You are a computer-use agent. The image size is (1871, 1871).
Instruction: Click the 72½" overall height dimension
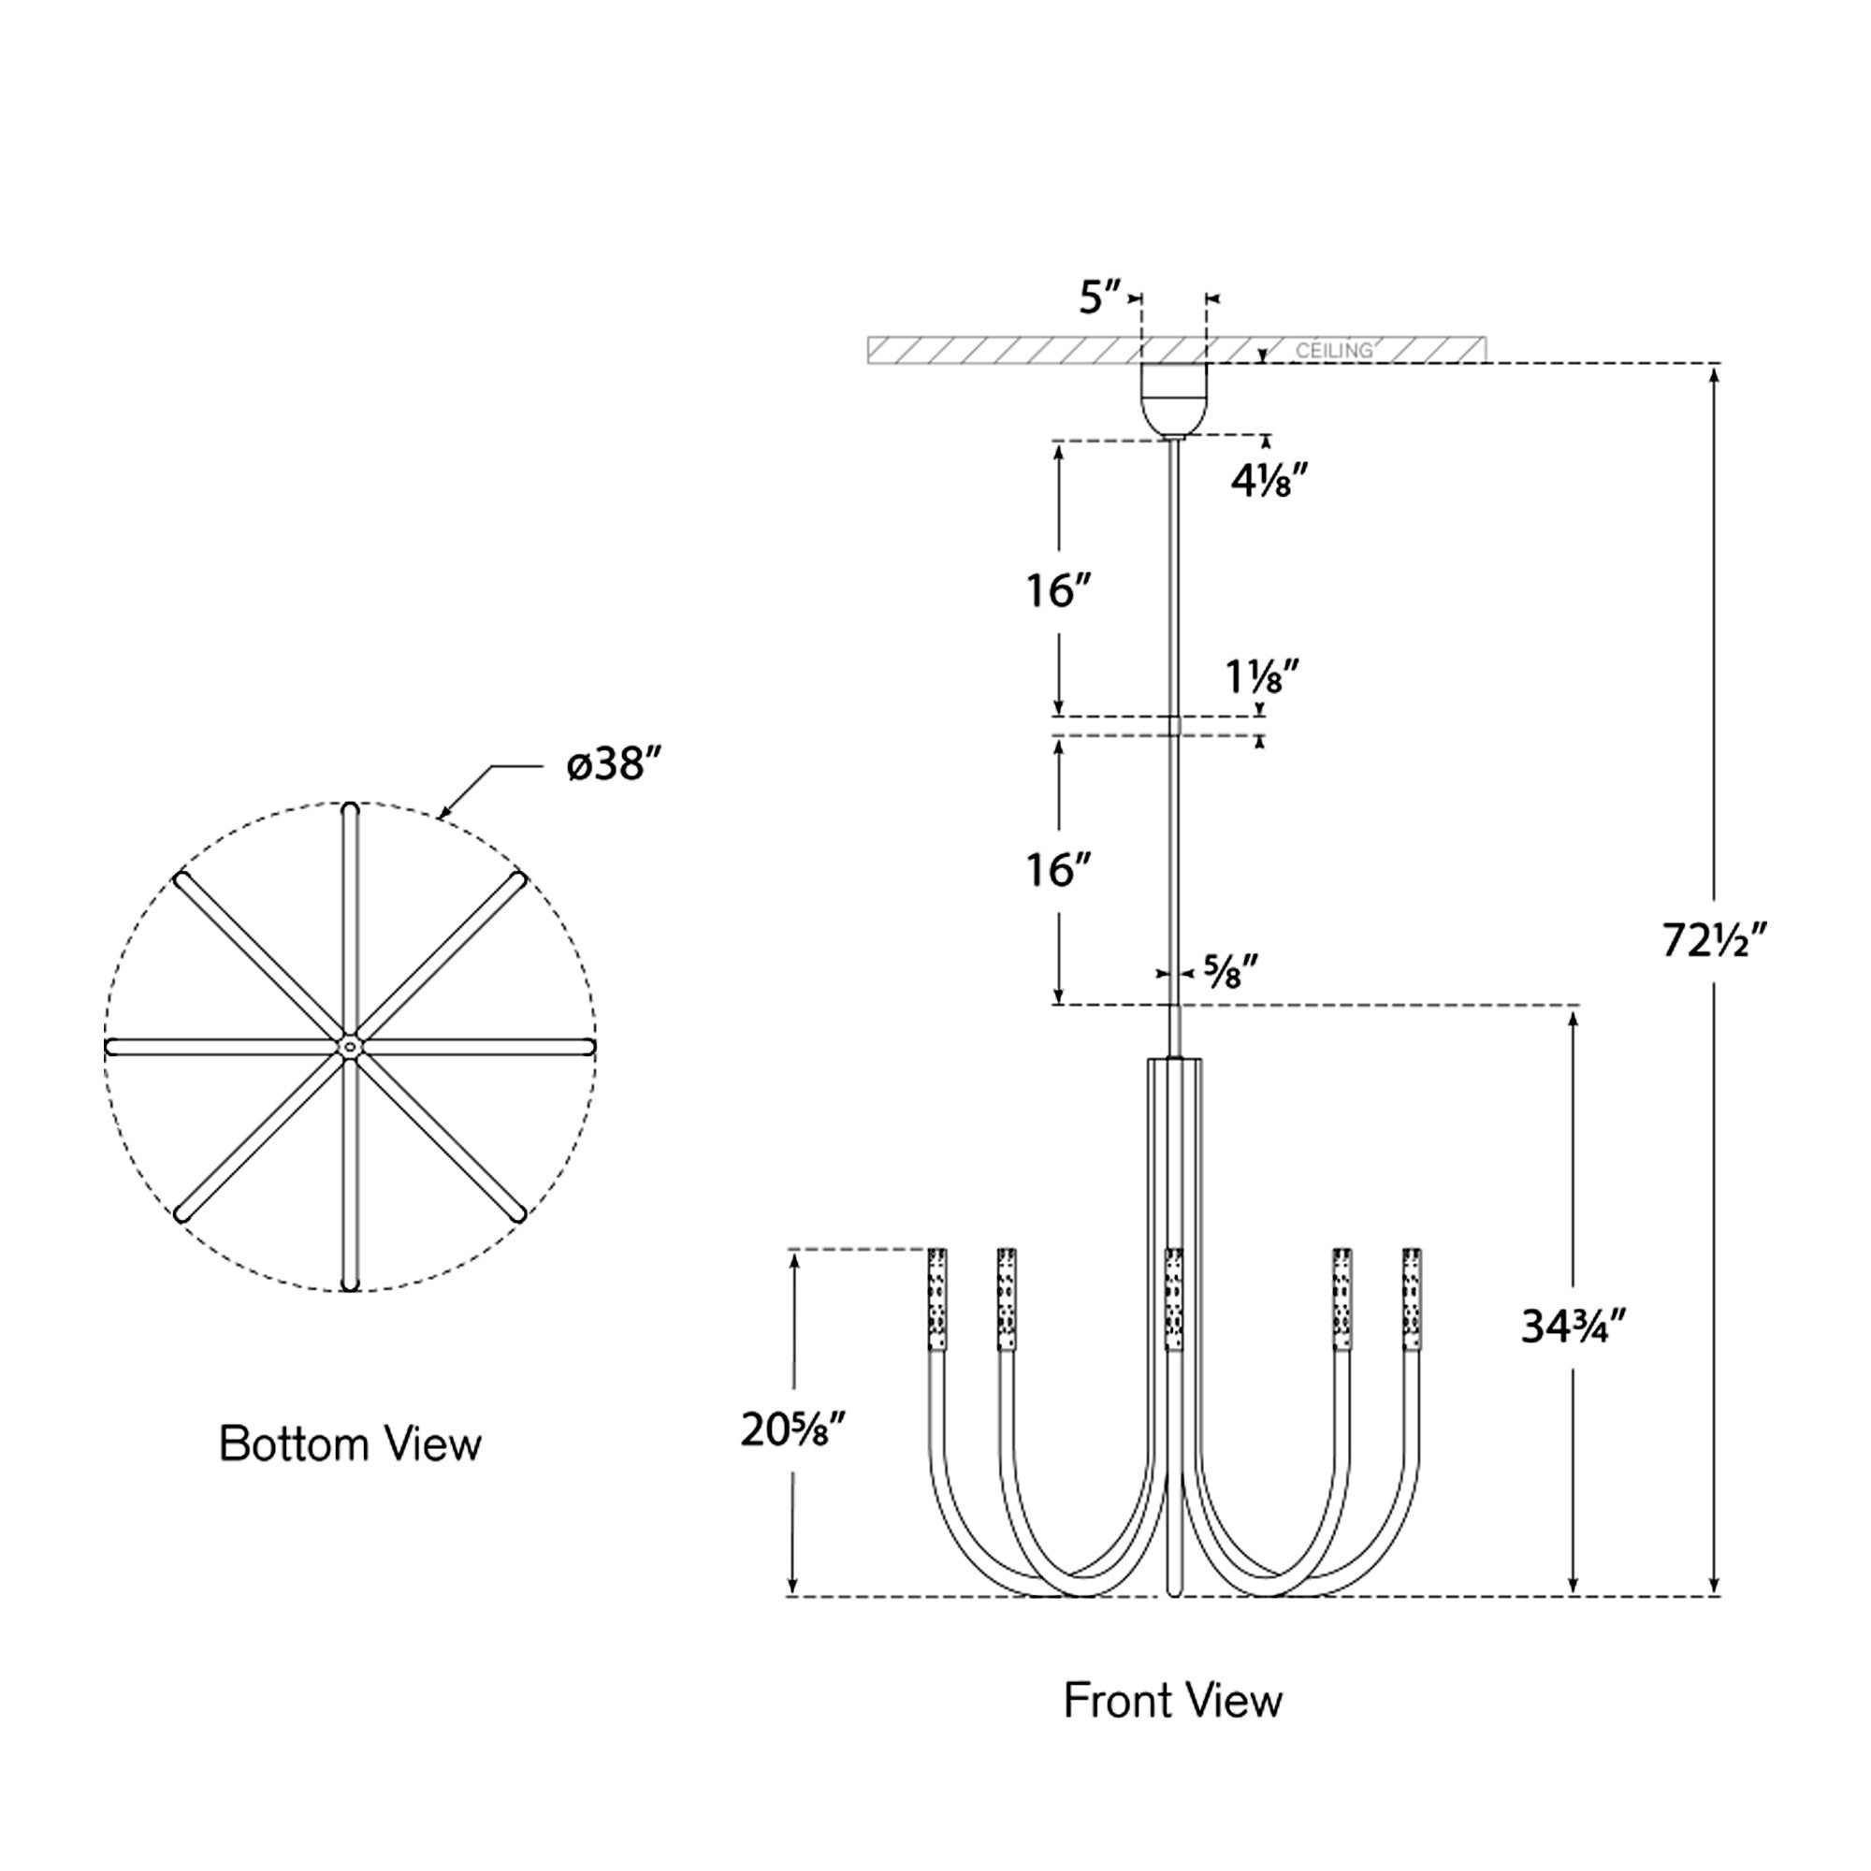(1715, 939)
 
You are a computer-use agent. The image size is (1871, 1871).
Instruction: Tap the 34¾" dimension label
(1572, 1327)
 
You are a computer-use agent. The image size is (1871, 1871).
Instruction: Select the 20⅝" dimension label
(793, 1429)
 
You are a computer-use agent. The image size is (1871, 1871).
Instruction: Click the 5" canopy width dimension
(1100, 297)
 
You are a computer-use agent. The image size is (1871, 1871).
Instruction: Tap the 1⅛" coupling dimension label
(1261, 677)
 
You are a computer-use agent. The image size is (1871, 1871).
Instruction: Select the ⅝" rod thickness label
(1231, 971)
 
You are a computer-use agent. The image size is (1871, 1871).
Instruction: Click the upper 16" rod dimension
(1058, 590)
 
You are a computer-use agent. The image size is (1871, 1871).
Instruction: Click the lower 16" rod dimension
(1058, 871)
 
